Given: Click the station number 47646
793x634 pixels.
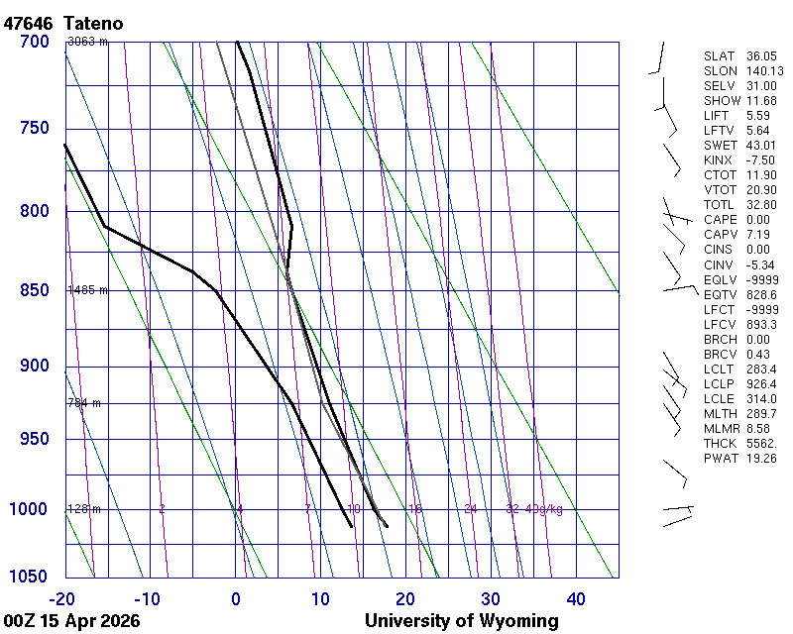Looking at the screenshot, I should point(29,22).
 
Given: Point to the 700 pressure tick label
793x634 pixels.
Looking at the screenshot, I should point(34,42).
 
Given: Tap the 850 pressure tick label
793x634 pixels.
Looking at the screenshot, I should point(34,290).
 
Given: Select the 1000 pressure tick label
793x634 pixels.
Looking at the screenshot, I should point(30,509).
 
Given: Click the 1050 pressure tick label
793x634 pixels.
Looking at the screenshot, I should point(30,578).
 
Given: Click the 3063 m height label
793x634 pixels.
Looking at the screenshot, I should point(87,42).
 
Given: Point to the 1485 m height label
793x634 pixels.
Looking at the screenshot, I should point(87,290).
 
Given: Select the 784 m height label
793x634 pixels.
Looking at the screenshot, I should point(84,403).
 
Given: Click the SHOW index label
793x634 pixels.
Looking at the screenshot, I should point(721,101).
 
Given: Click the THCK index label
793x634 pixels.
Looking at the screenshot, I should point(721,443).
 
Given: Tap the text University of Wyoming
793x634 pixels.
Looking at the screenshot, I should point(461,621).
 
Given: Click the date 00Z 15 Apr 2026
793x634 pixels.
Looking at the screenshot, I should point(71,621).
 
